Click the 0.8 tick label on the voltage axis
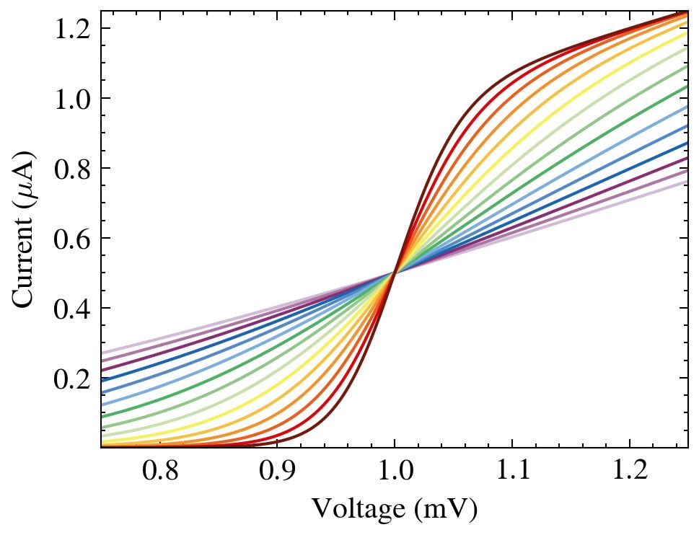point(159,473)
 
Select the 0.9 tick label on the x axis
point(277,473)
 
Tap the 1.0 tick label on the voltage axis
point(395,473)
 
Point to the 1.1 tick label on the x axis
point(512,473)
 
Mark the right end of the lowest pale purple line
point(686,182)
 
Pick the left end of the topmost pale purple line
point(102,353)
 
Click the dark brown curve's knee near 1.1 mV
point(514,72)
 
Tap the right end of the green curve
point(686,87)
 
